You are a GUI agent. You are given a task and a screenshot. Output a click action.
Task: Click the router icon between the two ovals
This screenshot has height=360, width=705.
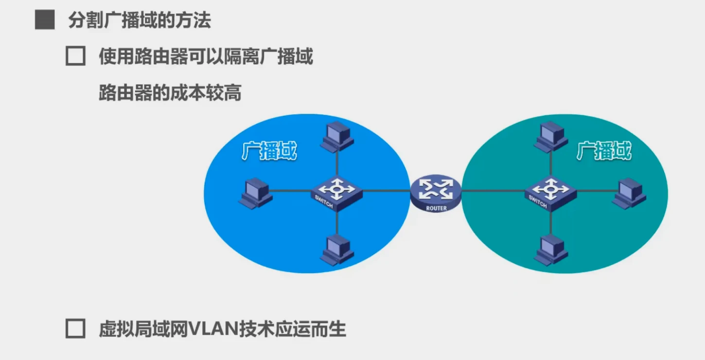click(435, 191)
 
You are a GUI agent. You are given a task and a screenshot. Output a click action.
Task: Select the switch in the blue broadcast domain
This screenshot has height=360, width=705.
click(336, 192)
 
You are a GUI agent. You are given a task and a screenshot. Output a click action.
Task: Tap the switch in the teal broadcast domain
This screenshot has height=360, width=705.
click(550, 192)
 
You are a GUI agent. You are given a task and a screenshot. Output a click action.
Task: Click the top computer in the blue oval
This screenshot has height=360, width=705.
click(336, 136)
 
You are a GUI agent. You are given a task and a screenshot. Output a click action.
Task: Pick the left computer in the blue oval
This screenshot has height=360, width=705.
click(255, 192)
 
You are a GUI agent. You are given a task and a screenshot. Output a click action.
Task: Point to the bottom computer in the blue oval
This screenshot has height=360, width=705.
click(337, 250)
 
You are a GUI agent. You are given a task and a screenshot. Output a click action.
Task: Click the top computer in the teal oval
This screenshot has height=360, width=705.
click(551, 136)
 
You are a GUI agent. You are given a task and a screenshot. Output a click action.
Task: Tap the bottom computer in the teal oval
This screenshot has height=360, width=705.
click(550, 249)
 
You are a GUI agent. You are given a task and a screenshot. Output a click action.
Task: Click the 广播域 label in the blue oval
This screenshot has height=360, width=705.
click(269, 152)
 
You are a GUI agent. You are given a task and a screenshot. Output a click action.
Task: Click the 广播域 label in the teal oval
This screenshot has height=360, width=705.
click(604, 152)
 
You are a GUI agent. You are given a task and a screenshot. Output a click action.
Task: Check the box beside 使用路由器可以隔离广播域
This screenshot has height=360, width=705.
click(75, 57)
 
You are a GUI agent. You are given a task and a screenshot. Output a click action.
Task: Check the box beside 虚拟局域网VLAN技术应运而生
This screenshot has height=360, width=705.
click(75, 329)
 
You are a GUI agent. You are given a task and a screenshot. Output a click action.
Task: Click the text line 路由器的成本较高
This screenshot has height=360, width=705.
click(170, 92)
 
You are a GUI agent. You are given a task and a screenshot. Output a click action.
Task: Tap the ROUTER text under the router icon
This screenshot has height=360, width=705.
click(436, 208)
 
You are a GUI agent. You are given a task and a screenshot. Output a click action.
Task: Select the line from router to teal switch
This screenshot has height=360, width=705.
click(492, 191)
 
